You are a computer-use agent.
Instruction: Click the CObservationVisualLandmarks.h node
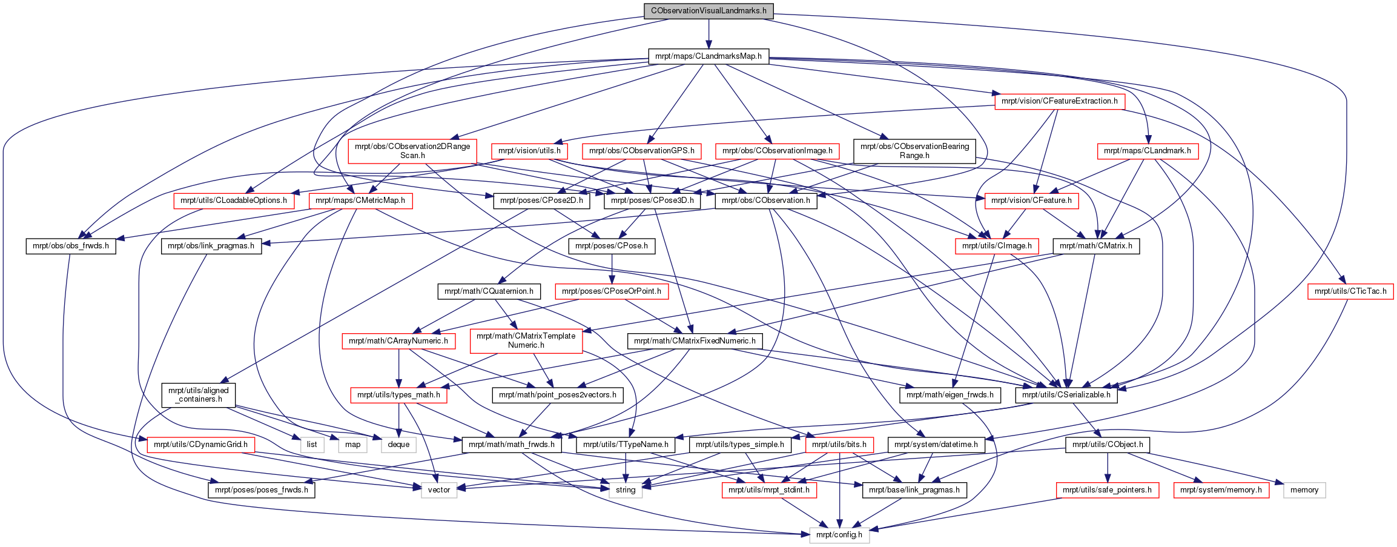pos(708,11)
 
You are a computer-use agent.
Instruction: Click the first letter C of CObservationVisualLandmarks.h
pos(653,11)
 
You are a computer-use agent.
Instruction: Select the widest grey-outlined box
pos(839,535)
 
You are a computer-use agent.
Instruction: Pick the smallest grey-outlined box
pos(312,445)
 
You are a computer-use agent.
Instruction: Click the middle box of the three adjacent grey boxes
pos(352,445)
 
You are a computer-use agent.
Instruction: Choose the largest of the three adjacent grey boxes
pos(398,445)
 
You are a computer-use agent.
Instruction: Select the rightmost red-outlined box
pos(1350,291)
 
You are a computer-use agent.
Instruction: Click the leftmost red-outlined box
pos(200,445)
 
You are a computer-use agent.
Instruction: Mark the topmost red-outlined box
pos(1060,102)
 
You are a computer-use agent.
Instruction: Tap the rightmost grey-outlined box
pos(1304,491)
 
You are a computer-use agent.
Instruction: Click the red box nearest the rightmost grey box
pos(1221,491)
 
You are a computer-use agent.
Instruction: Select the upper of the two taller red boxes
pos(412,151)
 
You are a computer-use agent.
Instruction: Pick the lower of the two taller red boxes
pos(526,341)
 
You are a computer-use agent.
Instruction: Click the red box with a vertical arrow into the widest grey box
pos(839,445)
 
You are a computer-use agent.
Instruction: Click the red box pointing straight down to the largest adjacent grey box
pos(398,396)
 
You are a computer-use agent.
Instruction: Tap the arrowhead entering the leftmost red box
pos(142,439)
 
